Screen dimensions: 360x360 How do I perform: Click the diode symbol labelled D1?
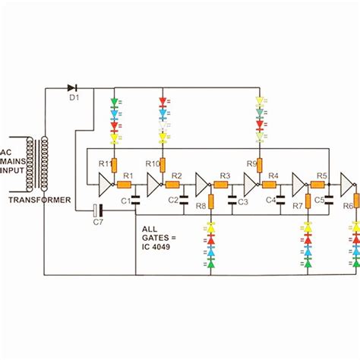[x=72, y=88]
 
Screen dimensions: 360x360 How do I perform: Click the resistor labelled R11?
[x=114, y=165]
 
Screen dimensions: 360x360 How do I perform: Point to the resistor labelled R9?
[x=260, y=165]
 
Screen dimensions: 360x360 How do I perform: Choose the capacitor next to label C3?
[x=233, y=201]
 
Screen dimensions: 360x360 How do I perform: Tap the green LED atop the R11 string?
[x=114, y=101]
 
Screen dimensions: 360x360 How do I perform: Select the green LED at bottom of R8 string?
[x=211, y=264]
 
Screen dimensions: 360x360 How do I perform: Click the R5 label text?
[x=322, y=175]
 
